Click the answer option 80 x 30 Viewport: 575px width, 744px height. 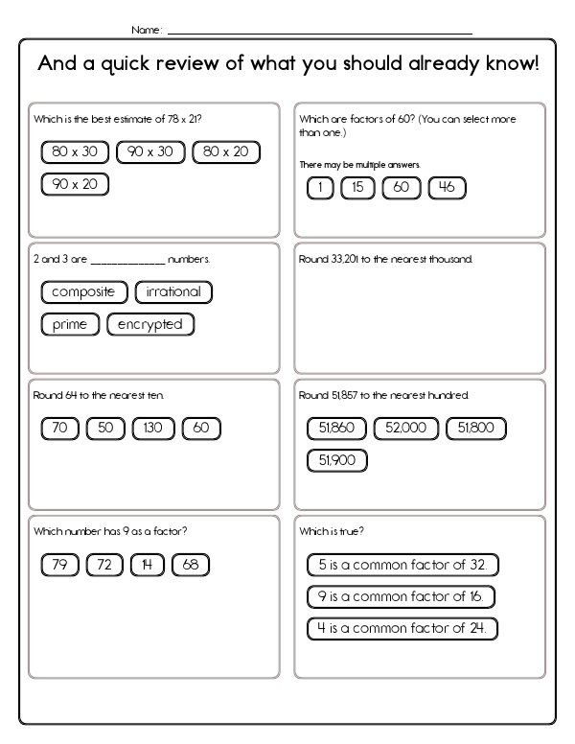[x=75, y=151]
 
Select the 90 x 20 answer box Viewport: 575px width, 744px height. [x=75, y=184]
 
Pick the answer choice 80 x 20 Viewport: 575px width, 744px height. [x=226, y=151]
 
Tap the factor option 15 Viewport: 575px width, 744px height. [x=357, y=188]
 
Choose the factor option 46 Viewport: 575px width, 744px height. [x=447, y=188]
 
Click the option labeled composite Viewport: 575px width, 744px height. [x=83, y=291]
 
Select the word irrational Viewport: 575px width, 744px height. [x=173, y=291]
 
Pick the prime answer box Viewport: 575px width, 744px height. [x=70, y=324]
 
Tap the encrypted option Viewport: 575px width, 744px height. [x=150, y=324]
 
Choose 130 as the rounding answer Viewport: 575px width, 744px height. [x=153, y=429]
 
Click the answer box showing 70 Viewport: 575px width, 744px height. [x=59, y=429]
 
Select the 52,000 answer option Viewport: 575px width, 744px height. [x=406, y=428]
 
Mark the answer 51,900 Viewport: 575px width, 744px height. [x=336, y=460]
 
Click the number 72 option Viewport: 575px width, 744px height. [x=105, y=565]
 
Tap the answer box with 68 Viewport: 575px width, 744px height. [x=190, y=565]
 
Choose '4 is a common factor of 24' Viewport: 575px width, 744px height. [x=402, y=629]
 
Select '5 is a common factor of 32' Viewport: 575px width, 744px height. [x=403, y=565]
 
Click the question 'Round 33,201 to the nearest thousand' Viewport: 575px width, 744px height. [x=386, y=260]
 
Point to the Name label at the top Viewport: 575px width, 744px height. [x=146, y=31]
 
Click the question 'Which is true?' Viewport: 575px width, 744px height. [x=332, y=531]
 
